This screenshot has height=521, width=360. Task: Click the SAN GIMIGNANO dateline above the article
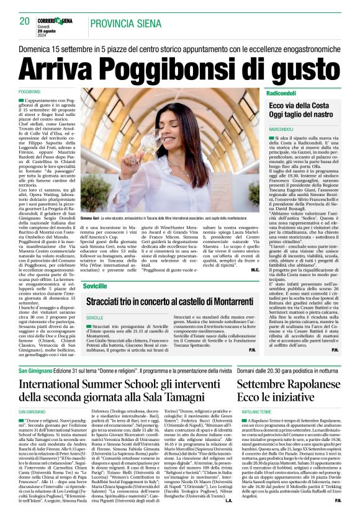tap(32, 411)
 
